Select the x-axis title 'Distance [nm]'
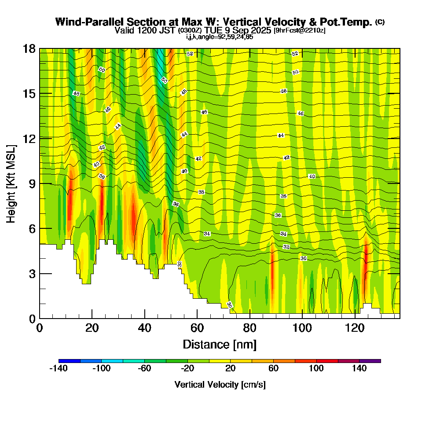click(220, 344)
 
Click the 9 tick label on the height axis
click(32, 183)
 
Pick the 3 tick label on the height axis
click(32, 274)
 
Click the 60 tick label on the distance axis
click(197, 328)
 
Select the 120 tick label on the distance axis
click(355, 328)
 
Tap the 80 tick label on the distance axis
click(250, 328)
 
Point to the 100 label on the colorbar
click(316, 369)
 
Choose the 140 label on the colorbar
click(359, 369)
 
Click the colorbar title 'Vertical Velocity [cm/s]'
click(220, 385)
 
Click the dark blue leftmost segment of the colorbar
click(69, 361)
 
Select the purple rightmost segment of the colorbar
click(370, 361)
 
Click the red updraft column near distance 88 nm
click(272, 277)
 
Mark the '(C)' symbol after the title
click(380, 22)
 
